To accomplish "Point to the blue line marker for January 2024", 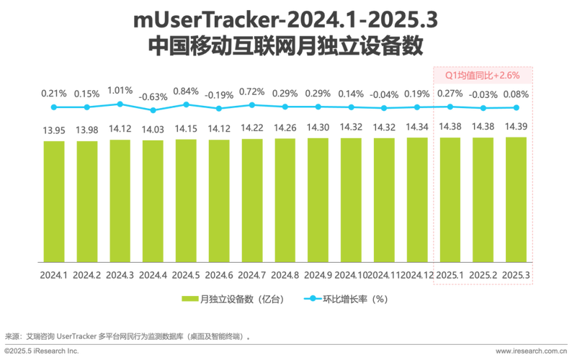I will tap(53, 107).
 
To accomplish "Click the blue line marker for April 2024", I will tap(152, 110).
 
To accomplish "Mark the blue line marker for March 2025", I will tap(515, 107).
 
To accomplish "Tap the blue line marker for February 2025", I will tap(483, 107).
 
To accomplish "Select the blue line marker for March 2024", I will tap(120, 104).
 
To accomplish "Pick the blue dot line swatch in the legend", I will tap(310, 298).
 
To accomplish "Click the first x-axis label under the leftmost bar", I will tap(54, 274).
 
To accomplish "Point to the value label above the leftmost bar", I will tap(54, 130).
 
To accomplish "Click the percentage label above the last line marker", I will tap(515, 93).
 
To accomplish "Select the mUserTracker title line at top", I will tap(285, 21).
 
